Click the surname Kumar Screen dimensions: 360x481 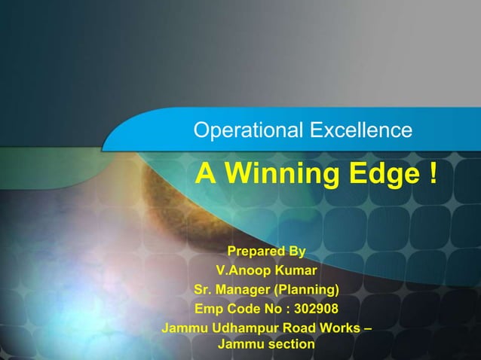pyautogui.click(x=296, y=270)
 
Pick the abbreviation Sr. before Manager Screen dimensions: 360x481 pyautogui.click(x=204, y=290)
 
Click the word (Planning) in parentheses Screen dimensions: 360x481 pyautogui.click(x=307, y=290)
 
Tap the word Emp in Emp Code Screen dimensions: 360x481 pyautogui.click(x=208, y=310)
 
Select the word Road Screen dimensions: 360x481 pyautogui.click(x=301, y=329)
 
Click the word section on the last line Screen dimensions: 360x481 pyautogui.click(x=290, y=345)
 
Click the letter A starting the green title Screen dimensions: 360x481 pyautogui.click(x=204, y=175)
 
